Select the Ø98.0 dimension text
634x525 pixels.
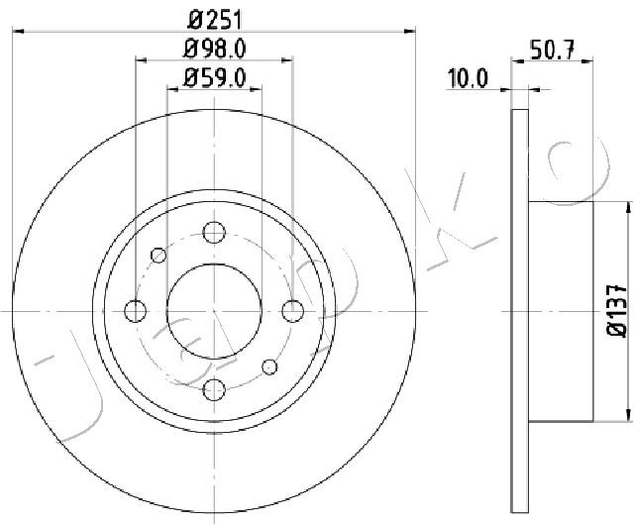point(214,47)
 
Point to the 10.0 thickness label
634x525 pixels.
point(469,76)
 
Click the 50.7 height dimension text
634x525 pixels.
point(555,48)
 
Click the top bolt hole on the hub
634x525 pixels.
point(213,233)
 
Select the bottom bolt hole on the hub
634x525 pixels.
point(213,388)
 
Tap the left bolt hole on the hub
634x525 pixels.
point(135,311)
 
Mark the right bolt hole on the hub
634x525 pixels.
point(291,311)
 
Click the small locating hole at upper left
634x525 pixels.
point(158,256)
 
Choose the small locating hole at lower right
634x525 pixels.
point(269,367)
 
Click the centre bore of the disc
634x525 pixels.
point(213,311)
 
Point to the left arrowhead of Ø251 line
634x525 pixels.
point(15,32)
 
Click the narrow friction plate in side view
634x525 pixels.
point(520,311)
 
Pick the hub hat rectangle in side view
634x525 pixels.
point(561,311)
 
